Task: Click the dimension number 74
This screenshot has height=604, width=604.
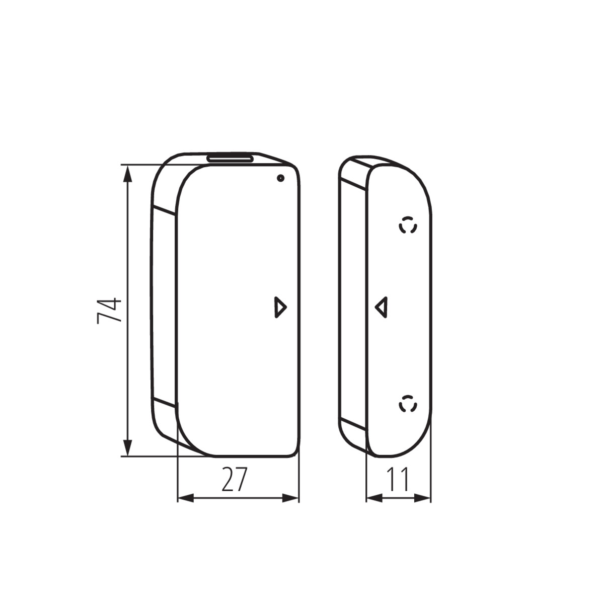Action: [x=109, y=311]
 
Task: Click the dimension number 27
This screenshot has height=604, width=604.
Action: [x=235, y=479]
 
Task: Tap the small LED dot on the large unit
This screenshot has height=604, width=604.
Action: [x=280, y=178]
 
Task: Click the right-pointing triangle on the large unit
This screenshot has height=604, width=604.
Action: [x=280, y=307]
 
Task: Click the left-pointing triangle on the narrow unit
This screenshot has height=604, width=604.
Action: [x=382, y=307]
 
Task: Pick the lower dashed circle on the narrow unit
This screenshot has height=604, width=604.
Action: [x=408, y=403]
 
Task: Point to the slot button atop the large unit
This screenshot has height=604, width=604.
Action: [x=230, y=158]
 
